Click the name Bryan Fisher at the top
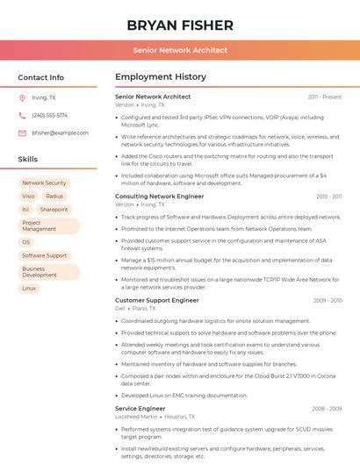[x=180, y=25]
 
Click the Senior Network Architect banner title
[x=180, y=50]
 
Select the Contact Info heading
[x=41, y=77]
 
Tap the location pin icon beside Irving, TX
[x=22, y=98]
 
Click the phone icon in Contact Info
[x=22, y=115]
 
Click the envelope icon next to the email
[x=22, y=132]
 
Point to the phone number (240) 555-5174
[x=49, y=115]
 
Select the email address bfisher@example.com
[x=60, y=132]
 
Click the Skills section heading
[x=28, y=160]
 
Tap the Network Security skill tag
[x=44, y=183]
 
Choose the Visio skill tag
[x=28, y=197]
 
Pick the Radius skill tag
[x=54, y=197]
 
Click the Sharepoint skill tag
[x=54, y=210]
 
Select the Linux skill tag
[x=29, y=288]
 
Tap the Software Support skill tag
[x=45, y=255]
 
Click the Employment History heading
[x=161, y=77]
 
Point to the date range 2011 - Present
[x=325, y=97]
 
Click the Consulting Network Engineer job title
[x=159, y=197]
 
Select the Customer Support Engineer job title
[x=157, y=300]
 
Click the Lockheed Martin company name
[x=136, y=417]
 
